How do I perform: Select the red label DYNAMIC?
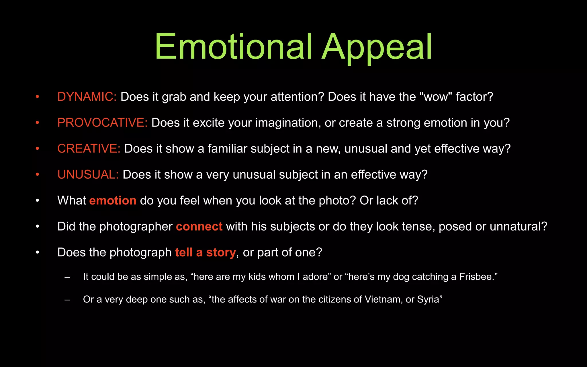[x=87, y=97]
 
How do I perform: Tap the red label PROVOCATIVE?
[x=102, y=123]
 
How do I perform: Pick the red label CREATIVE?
[x=89, y=149]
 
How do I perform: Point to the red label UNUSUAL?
[x=88, y=175]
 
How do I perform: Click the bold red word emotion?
[x=113, y=200]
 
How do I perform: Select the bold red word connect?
[x=199, y=227]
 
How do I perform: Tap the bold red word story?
[x=221, y=253]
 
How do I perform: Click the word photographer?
[x=136, y=227]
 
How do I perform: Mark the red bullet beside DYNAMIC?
[x=37, y=97]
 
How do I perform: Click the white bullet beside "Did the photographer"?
[x=37, y=227]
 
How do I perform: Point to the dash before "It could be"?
[x=68, y=277]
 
